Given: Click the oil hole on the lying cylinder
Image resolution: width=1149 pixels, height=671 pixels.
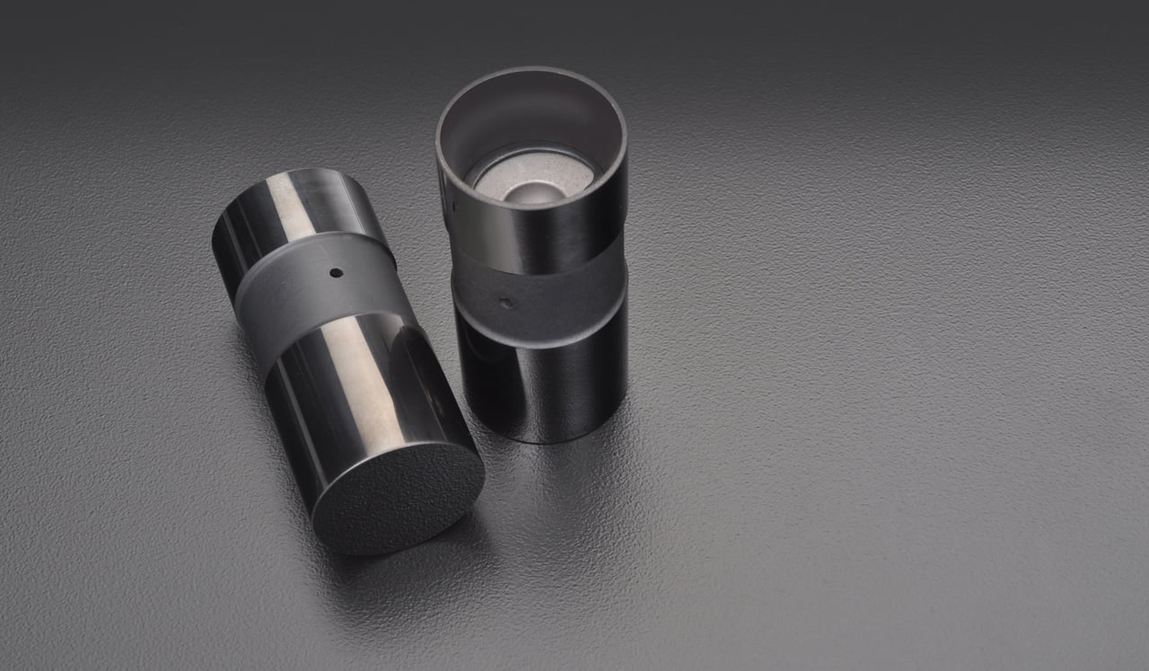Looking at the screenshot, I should coord(336,272).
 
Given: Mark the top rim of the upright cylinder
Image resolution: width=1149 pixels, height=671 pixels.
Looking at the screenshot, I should coord(530,71).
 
